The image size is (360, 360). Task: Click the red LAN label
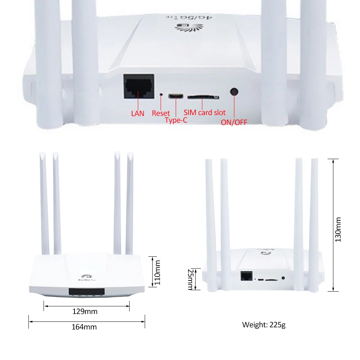click(138, 113)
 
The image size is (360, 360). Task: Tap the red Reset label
click(161, 113)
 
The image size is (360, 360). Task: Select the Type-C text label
click(176, 120)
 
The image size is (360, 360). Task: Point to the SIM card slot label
click(204, 113)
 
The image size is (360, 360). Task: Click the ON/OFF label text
click(234, 122)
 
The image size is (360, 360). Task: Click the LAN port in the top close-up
click(139, 86)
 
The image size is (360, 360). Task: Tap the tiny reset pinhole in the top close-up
click(161, 95)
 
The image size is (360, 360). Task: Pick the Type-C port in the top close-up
click(176, 96)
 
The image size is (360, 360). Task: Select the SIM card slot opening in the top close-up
click(203, 96)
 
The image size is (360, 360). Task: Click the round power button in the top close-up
click(235, 91)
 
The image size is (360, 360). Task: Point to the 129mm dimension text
click(85, 311)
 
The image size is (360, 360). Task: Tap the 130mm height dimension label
click(338, 229)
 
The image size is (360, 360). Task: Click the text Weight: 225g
click(264, 325)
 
